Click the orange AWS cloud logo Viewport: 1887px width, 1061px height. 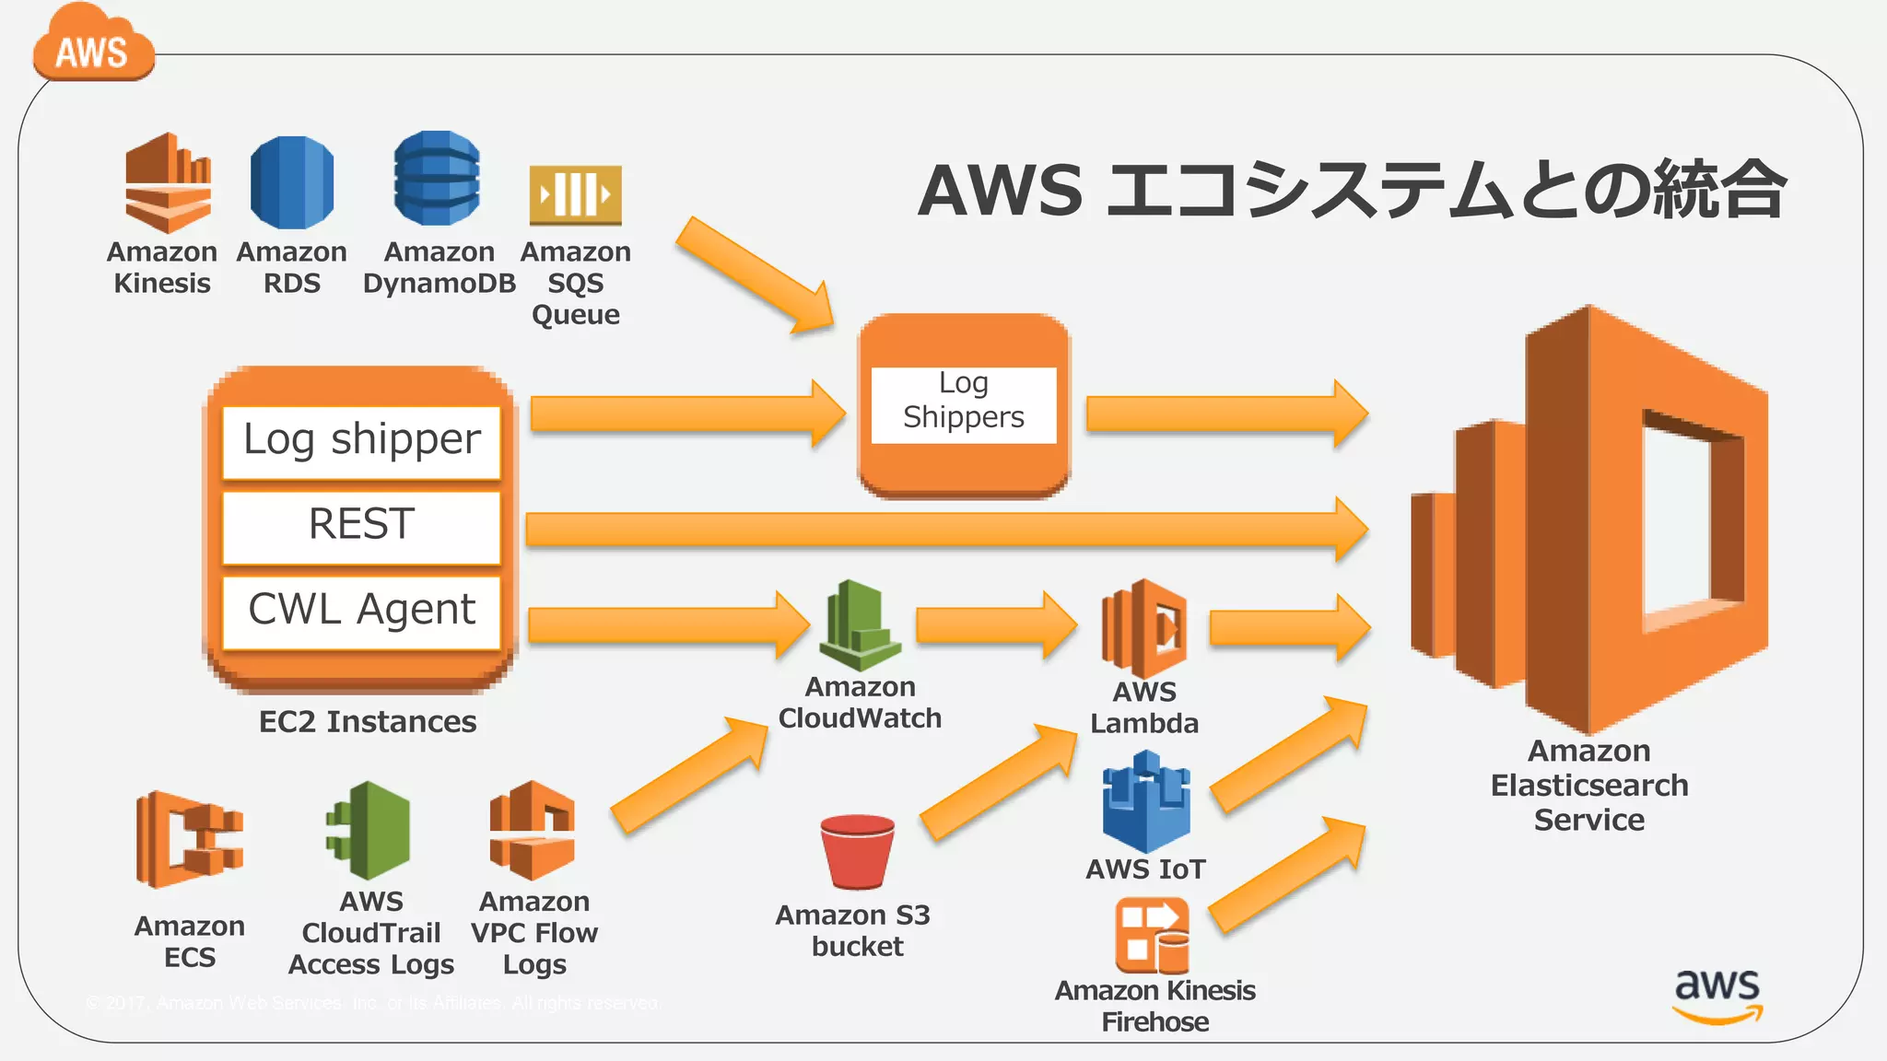tap(92, 46)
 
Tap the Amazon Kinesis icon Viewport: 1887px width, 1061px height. tap(168, 182)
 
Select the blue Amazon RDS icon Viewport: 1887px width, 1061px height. tap(291, 182)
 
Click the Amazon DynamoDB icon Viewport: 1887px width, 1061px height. tap(437, 179)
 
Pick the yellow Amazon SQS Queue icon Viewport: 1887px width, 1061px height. tap(575, 194)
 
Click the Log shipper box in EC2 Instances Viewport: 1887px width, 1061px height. tap(361, 441)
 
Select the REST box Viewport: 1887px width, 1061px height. tap(361, 526)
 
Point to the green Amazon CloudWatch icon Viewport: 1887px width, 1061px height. tap(860, 626)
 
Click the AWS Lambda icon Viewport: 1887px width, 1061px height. tap(1143, 628)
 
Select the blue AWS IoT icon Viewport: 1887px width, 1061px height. tap(1145, 801)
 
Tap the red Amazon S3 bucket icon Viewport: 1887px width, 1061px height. tap(857, 852)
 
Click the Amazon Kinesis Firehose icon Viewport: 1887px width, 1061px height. tap(1152, 936)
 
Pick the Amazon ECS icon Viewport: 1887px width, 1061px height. tap(189, 839)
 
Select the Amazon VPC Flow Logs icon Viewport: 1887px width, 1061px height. tap(533, 831)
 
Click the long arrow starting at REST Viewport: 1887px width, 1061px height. tap(940, 530)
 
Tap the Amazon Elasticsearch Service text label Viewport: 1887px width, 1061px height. tap(1588, 785)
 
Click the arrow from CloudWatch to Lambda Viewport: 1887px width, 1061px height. tap(995, 625)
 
